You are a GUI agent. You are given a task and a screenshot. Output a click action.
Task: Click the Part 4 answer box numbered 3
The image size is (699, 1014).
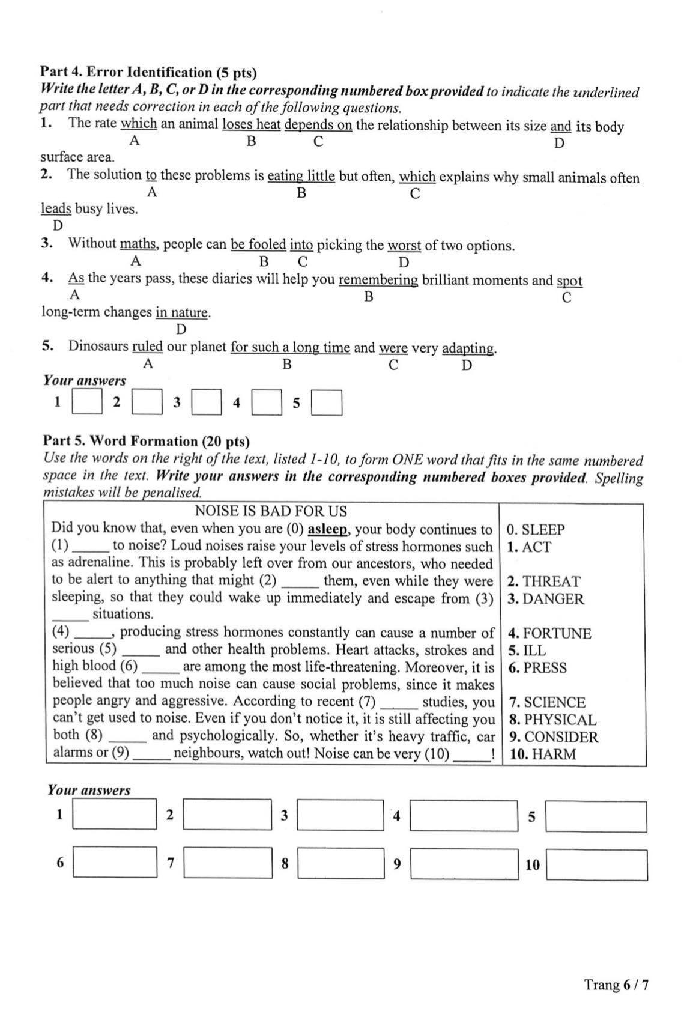[x=206, y=403]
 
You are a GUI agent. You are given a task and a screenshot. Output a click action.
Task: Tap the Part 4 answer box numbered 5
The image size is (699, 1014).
[x=327, y=403]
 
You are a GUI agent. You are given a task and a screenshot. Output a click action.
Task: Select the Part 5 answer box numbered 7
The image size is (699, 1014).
[x=228, y=863]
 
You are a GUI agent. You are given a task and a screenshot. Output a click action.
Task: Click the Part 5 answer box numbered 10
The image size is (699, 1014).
[x=597, y=865]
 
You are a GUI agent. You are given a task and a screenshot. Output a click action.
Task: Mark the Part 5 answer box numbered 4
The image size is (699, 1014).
[x=464, y=816]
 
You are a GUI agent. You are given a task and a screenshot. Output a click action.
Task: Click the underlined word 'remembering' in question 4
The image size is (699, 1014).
[x=378, y=281]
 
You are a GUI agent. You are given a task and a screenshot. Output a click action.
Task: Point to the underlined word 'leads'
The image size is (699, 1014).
[x=56, y=209]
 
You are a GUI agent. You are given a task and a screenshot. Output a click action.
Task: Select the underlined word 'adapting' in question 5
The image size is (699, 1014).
[x=468, y=348]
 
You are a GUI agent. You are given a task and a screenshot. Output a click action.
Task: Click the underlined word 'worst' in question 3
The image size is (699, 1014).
[x=404, y=246]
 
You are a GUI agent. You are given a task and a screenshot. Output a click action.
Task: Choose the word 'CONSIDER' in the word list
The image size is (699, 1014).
[x=561, y=737]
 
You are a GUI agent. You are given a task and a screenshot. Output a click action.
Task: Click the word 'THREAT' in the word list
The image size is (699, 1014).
[x=551, y=581]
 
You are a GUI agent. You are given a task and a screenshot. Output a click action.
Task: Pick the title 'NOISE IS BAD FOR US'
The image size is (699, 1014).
[x=271, y=511]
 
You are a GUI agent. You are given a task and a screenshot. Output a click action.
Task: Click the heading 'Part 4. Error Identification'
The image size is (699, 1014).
[x=126, y=73]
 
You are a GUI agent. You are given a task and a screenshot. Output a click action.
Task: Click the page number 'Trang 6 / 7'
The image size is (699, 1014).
[x=616, y=984]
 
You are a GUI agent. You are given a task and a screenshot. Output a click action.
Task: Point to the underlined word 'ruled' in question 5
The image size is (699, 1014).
[x=147, y=347]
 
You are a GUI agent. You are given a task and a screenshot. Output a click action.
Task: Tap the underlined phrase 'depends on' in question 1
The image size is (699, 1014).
[x=318, y=125]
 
